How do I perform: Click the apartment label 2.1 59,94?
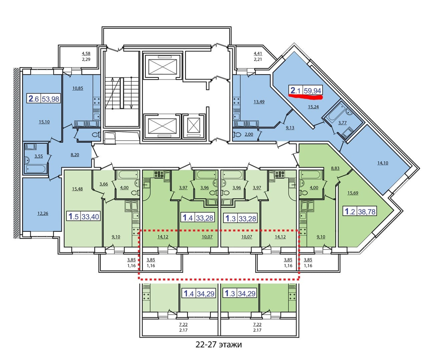coord(306,90)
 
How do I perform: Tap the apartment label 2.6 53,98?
coord(44,99)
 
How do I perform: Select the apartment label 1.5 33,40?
coord(84,216)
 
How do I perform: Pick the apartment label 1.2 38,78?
coord(360,211)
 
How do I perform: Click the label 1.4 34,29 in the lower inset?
coord(198,294)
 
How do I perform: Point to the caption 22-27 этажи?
coord(219,344)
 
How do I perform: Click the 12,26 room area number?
coord(43,213)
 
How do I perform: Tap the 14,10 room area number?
coord(383,163)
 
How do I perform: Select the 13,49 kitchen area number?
coord(259,102)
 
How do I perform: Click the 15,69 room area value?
coord(353,193)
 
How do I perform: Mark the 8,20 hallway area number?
coord(75,155)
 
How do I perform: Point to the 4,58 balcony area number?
coord(86,53)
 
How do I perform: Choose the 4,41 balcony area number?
coord(258,53)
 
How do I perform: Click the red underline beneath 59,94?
coord(306,97)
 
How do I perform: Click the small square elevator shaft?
coord(193,126)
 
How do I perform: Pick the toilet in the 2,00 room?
coord(238,135)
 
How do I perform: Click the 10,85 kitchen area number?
coord(78,88)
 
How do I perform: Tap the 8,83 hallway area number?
coord(335,168)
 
